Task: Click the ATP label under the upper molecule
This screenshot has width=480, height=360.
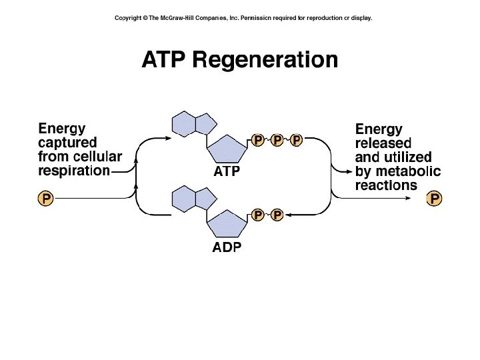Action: pyautogui.click(x=227, y=171)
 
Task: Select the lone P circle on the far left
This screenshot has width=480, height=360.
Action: pyautogui.click(x=45, y=198)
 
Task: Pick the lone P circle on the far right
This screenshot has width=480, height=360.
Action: pyautogui.click(x=435, y=198)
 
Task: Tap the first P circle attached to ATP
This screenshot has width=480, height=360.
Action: pyautogui.click(x=258, y=140)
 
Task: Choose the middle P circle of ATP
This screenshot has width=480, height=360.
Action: pyautogui.click(x=277, y=140)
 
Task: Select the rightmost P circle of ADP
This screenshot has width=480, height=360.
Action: pyautogui.click(x=277, y=215)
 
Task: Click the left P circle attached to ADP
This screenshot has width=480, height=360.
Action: pyautogui.click(x=258, y=215)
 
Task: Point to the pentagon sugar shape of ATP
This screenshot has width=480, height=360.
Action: pyautogui.click(x=227, y=149)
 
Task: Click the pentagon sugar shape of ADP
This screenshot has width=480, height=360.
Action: pyautogui.click(x=227, y=225)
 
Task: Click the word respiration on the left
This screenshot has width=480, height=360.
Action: pyautogui.click(x=74, y=171)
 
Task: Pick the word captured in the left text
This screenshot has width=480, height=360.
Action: pyautogui.click(x=67, y=142)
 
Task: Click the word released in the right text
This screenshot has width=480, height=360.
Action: pyautogui.click(x=383, y=143)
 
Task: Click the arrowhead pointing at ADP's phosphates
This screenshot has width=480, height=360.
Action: pyautogui.click(x=289, y=215)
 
